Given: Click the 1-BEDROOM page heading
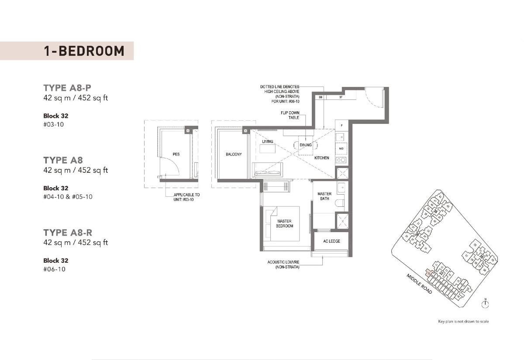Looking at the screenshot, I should [x=84, y=51].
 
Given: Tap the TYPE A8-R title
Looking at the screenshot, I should [x=68, y=233].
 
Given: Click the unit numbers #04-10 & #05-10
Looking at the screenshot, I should [x=68, y=197].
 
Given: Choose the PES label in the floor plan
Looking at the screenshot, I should [x=176, y=154].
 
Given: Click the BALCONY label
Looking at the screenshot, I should [x=234, y=154].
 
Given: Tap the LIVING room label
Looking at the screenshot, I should [x=267, y=142].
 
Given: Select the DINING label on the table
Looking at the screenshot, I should [x=306, y=145].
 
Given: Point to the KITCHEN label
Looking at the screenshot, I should [x=322, y=158].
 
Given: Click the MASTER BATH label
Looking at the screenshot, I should [x=324, y=196].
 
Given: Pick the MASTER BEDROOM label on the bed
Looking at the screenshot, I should [x=284, y=223].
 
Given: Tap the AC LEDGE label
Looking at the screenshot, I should [x=331, y=241].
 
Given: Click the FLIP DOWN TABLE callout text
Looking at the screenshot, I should [x=290, y=115].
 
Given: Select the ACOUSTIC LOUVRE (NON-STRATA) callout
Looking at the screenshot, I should [x=283, y=264].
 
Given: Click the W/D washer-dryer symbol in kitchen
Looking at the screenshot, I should [x=341, y=148].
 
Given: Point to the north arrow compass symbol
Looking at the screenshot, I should [x=485, y=303].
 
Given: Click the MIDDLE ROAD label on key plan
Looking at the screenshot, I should [x=419, y=284].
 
